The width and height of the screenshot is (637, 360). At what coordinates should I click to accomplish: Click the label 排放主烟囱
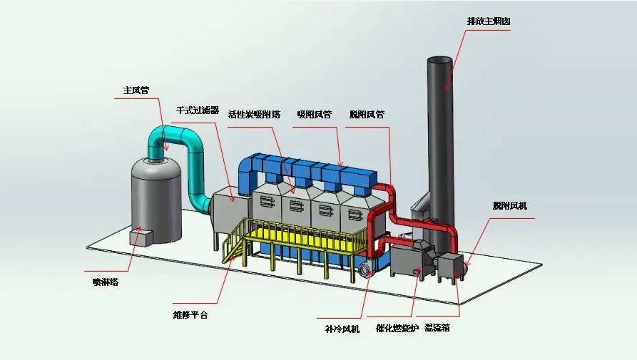(x=488, y=21)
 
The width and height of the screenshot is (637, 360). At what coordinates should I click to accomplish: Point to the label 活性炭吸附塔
(x=254, y=114)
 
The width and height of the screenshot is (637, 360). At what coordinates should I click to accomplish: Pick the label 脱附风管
(x=367, y=114)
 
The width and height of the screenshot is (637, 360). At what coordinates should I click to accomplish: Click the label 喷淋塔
(x=106, y=282)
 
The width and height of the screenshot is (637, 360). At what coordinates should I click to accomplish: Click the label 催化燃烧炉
(x=396, y=329)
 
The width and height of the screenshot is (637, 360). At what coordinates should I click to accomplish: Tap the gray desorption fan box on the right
(x=450, y=267)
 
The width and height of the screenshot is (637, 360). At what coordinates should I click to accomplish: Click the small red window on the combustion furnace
(x=416, y=272)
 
